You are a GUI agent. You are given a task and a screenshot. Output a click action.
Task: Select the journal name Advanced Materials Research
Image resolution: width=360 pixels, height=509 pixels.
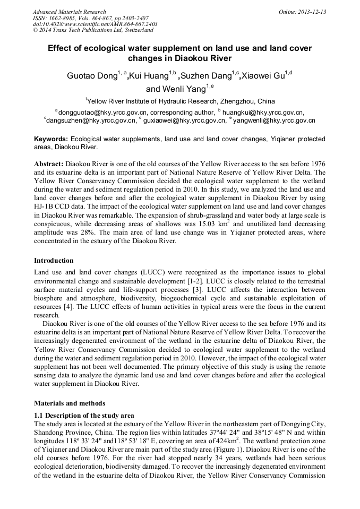click(69, 12)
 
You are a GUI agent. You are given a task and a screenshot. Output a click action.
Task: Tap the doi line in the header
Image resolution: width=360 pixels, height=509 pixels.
click(95, 24)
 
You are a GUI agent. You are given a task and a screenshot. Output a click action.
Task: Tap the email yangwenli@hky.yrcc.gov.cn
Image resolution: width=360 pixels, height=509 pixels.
click(275, 120)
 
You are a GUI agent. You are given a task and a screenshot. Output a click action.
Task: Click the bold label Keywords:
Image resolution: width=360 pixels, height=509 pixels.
click(51, 139)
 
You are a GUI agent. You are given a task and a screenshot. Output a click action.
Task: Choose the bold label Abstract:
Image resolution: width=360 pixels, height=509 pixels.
click(49, 164)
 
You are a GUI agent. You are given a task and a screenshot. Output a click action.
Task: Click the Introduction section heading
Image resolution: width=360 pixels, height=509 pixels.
click(54, 261)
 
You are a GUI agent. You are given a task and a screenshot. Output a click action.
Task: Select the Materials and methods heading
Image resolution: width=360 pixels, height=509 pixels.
click(70, 403)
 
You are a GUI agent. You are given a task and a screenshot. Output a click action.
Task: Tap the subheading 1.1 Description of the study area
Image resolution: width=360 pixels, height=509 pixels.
click(84, 415)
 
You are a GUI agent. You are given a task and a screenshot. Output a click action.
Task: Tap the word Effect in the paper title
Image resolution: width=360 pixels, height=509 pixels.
click(61, 48)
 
